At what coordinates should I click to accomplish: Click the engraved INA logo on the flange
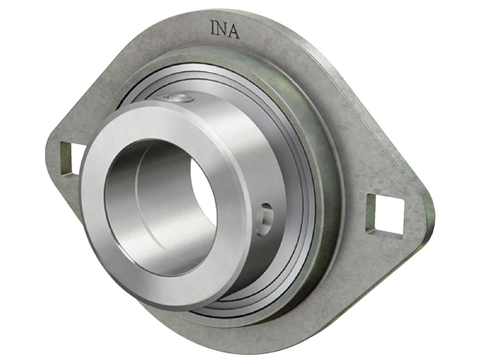(x=225, y=30)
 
